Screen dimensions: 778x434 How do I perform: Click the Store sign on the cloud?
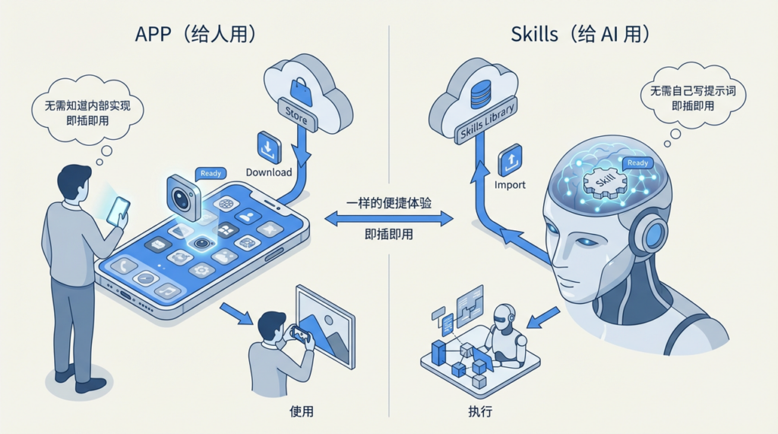pyautogui.click(x=297, y=115)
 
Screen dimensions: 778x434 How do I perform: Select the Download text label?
pyautogui.click(x=269, y=173)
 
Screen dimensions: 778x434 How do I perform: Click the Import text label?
pyautogui.click(x=510, y=185)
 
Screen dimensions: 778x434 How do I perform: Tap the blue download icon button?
pyautogui.click(x=269, y=147)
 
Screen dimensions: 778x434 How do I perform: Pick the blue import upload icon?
pyautogui.click(x=510, y=160)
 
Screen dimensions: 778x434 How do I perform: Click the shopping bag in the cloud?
pyautogui.click(x=301, y=92)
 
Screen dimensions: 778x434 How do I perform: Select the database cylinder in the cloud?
pyautogui.click(x=481, y=94)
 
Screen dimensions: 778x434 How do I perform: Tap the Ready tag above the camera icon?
pyautogui.click(x=211, y=173)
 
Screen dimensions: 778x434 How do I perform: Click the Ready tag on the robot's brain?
pyautogui.click(x=637, y=163)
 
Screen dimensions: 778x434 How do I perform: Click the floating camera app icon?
pyautogui.click(x=184, y=197)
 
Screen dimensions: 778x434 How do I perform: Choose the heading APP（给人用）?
pyautogui.click(x=195, y=33)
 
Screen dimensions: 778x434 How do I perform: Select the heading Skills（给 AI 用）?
pyautogui.click(x=580, y=33)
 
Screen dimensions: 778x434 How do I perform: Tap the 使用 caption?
pyautogui.click(x=301, y=411)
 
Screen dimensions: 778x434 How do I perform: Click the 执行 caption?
pyautogui.click(x=480, y=411)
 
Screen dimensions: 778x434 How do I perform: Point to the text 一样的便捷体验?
pyautogui.click(x=389, y=203)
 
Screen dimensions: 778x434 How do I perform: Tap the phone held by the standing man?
pyautogui.click(x=118, y=211)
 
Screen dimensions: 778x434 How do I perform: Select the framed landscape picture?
pyautogui.click(x=325, y=327)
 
